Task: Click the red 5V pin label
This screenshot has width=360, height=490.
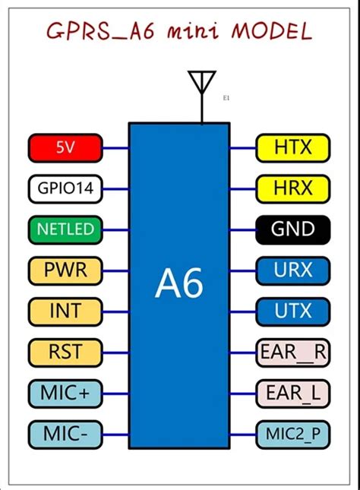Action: tap(65, 147)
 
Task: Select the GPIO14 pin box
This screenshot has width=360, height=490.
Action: tap(65, 188)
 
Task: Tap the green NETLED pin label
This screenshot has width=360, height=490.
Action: tap(65, 229)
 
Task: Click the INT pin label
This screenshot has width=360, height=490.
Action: tap(65, 311)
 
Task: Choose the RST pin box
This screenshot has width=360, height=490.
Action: tap(65, 352)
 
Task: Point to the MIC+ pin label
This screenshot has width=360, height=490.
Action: tap(65, 393)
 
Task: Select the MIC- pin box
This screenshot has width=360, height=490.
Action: tap(65, 434)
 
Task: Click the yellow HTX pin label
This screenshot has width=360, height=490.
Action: tap(293, 147)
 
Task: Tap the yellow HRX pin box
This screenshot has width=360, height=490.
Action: tap(293, 188)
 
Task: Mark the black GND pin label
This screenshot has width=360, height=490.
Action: tap(293, 229)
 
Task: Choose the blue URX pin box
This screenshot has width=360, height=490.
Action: tap(293, 270)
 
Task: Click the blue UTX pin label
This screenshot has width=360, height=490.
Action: tap(293, 311)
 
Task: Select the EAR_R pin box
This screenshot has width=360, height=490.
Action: tap(293, 352)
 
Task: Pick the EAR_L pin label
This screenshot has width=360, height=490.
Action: tap(293, 393)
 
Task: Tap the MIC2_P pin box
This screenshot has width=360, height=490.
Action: tap(293, 434)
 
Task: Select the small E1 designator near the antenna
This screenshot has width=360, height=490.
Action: tap(226, 98)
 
